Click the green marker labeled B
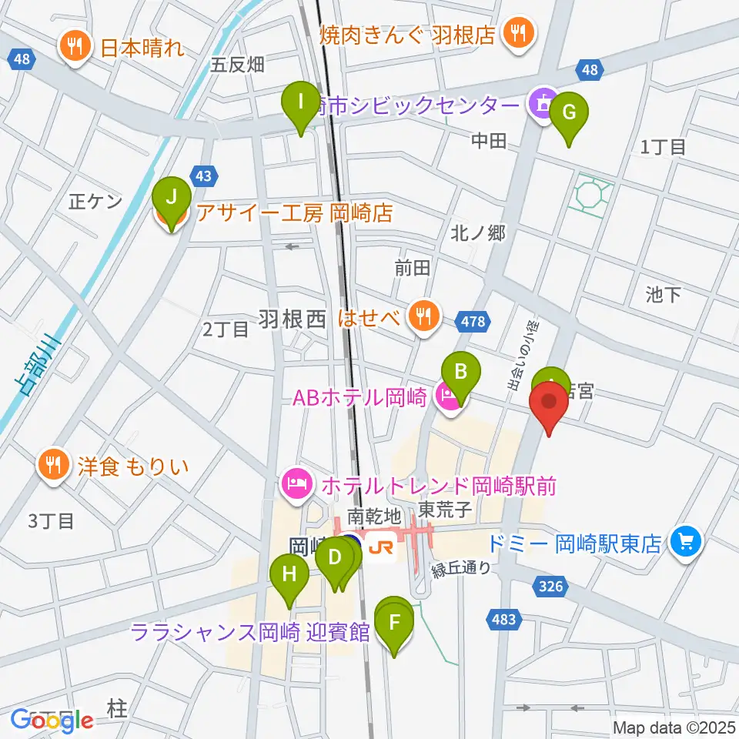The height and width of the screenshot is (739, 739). (x=460, y=373)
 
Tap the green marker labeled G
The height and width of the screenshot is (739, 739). (x=569, y=112)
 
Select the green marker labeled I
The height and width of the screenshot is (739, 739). (x=301, y=102)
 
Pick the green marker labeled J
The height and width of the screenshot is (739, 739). (x=171, y=198)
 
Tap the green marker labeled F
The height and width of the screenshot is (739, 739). (x=394, y=622)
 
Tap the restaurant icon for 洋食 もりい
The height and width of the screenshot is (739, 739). (x=52, y=465)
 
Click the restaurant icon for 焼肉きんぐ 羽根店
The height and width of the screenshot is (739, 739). (x=517, y=32)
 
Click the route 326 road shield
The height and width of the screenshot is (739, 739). (x=550, y=587)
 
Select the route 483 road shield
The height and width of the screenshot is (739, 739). (x=503, y=618)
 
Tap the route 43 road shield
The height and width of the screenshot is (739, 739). (x=202, y=176)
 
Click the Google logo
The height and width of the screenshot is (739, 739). (x=52, y=721)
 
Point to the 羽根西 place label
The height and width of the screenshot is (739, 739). (x=293, y=319)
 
